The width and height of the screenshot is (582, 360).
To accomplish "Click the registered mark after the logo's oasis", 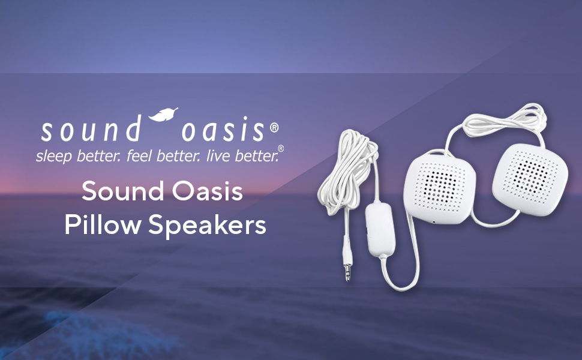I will [x=274, y=127].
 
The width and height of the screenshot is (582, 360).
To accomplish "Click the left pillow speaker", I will [x=440, y=184].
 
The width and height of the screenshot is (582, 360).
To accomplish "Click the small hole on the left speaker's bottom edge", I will [x=433, y=221].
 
